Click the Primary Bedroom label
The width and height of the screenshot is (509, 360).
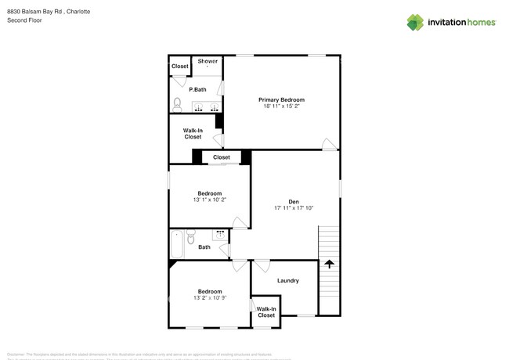[x=282, y=100]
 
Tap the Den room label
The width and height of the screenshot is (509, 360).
[x=294, y=202]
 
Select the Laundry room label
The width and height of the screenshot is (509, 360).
[x=287, y=281]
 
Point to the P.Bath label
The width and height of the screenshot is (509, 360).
[x=197, y=90]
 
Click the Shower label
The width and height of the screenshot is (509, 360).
[x=208, y=61]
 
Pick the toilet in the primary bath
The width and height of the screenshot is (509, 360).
[x=178, y=104]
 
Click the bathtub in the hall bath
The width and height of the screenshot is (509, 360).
[x=177, y=243]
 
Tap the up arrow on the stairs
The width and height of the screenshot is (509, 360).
[x=329, y=265]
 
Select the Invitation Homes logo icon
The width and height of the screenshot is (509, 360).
[x=415, y=23]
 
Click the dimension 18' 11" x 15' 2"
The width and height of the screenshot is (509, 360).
[x=282, y=106]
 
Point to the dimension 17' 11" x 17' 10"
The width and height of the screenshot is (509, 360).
[x=294, y=208]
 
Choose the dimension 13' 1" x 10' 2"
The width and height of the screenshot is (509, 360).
[x=209, y=200]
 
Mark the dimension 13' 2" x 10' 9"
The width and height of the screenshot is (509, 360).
[x=209, y=298]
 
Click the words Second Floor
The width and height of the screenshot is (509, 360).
[x=24, y=20]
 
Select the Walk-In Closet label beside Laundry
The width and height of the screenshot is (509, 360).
[x=266, y=312]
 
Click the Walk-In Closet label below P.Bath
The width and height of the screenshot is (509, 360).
[x=193, y=134]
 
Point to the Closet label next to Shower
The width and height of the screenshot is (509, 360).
[x=180, y=67]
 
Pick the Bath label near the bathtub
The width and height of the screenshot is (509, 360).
[x=204, y=247]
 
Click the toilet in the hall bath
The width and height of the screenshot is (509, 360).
[x=190, y=237]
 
